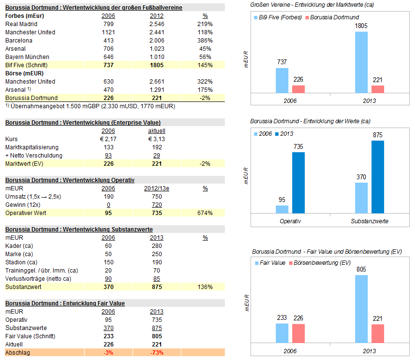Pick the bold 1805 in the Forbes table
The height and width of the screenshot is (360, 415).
[157, 65]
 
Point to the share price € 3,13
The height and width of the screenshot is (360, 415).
[157, 139]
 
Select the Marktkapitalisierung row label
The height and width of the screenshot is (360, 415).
[31, 147]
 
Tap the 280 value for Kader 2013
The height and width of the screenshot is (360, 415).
[157, 246]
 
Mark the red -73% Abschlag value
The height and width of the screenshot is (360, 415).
[157, 353]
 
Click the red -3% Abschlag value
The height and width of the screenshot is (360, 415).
[108, 353]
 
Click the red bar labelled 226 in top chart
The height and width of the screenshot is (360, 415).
[298, 89]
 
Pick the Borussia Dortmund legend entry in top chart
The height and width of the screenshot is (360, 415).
[332, 17]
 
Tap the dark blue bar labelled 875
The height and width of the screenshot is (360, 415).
[377, 177]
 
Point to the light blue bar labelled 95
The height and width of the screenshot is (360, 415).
[282, 209]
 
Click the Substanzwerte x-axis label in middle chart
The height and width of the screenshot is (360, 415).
[370, 221]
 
